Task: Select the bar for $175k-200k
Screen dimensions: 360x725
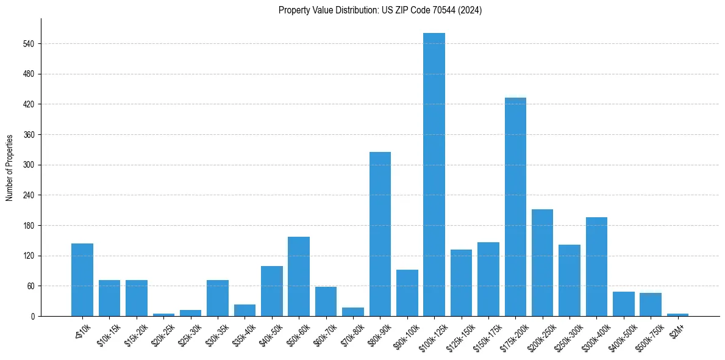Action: coord(515,207)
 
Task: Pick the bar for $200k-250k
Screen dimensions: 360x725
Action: coord(542,262)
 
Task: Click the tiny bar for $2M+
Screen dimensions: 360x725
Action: coord(677,315)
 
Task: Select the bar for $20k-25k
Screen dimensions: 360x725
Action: coord(163,315)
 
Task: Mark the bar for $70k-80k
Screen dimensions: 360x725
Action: coord(353,312)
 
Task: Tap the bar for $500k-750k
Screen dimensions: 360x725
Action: coord(651,304)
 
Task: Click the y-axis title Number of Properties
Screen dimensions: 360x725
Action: coord(10,168)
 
